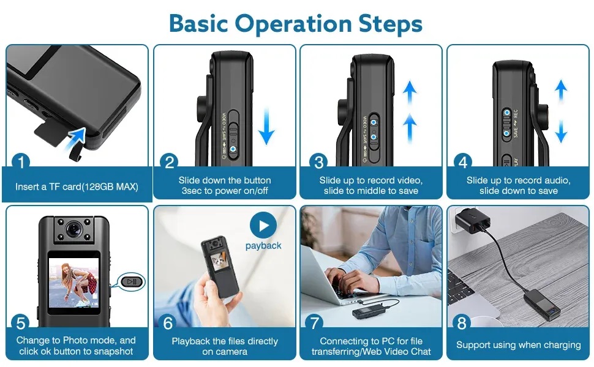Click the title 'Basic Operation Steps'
coord(296,23)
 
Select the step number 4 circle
coord(463,163)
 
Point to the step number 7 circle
coord(316,322)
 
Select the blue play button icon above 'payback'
coord(263,226)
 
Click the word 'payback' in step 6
coord(263,246)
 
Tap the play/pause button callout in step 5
coord(132,281)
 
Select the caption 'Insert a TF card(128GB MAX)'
coord(77,187)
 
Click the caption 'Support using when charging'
coord(518,345)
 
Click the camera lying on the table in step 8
coord(541,300)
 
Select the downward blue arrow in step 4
coord(561,131)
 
